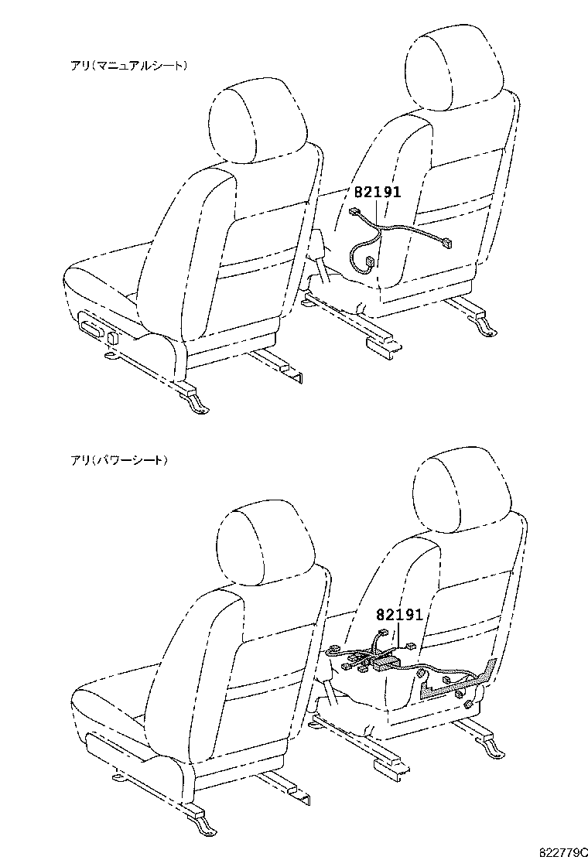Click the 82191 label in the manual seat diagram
coord(378,193)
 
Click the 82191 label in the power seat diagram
coord(399,615)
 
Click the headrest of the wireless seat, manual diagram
coord(257,122)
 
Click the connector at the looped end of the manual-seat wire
coord(371,262)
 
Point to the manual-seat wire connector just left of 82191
coord(357,212)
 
